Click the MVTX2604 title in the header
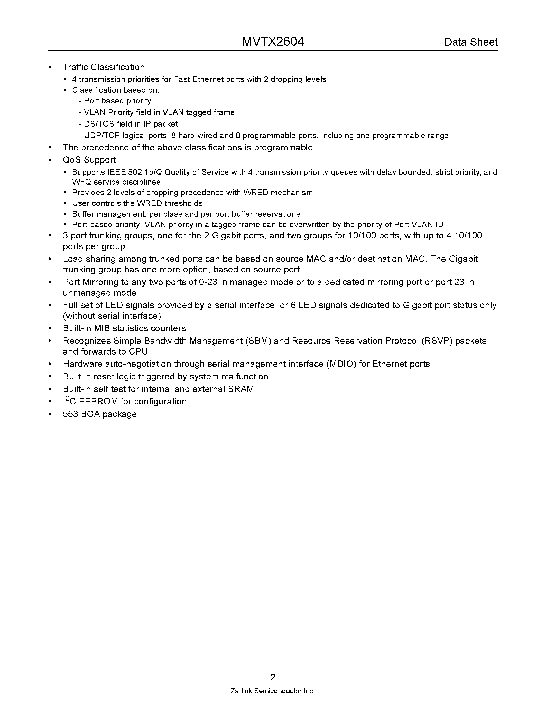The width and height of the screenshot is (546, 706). pos(273,42)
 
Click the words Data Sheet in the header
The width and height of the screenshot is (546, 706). pos(471,42)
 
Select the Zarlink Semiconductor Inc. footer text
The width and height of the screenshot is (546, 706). pos(273,691)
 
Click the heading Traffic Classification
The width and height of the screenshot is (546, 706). pos(104,67)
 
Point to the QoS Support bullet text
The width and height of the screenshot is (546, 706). pos(89,160)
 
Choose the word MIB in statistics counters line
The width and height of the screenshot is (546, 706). pos(103,328)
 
